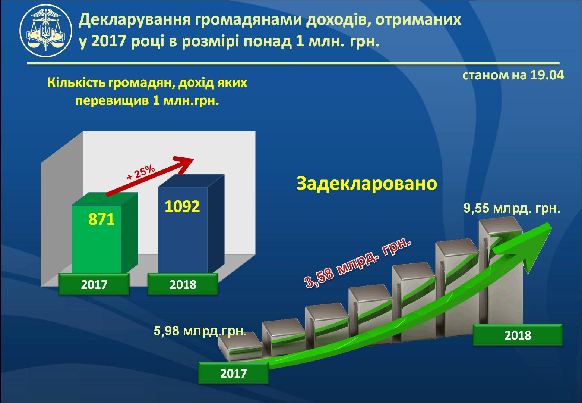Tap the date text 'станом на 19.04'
tap(513, 75)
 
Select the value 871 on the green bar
tap(101, 219)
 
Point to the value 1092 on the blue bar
tap(182, 206)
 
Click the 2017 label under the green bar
tap(94, 284)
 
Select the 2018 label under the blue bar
tap(183, 284)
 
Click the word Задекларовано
tap(367, 184)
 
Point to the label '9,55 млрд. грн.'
tap(512, 208)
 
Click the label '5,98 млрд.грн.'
tap(200, 331)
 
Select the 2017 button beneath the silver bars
tap(233, 373)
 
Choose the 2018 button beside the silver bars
tap(518, 335)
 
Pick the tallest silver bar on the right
tap(501, 269)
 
